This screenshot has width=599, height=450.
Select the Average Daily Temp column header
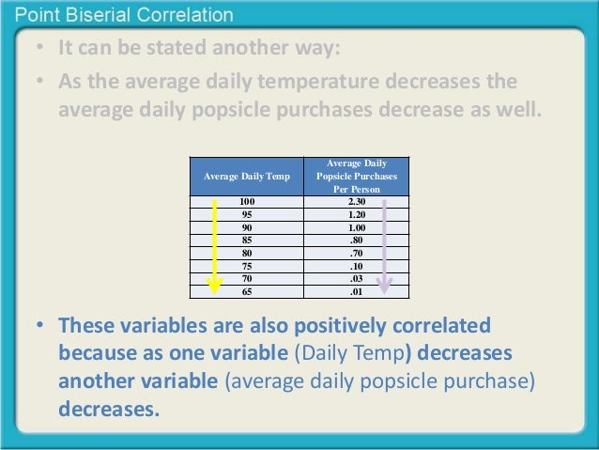(x=246, y=176)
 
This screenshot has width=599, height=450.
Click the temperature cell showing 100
(x=247, y=201)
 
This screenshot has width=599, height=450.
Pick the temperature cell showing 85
(x=247, y=240)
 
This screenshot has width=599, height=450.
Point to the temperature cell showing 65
(x=247, y=291)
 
